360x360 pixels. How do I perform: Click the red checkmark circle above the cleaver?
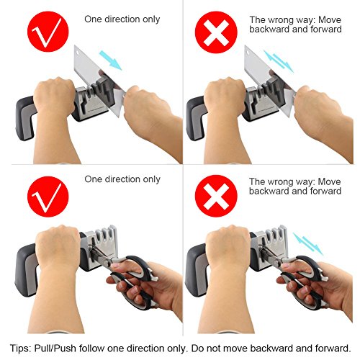pyautogui.click(x=48, y=32)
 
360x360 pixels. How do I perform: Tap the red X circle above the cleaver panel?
pyautogui.click(x=216, y=32)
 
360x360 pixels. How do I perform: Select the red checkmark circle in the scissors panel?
pyautogui.click(x=48, y=197)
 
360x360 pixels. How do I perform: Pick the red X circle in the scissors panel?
pyautogui.click(x=216, y=196)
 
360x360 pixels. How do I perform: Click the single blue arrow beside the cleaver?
pyautogui.click(x=111, y=60)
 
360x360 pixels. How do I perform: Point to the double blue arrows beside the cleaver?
pyautogui.click(x=279, y=61)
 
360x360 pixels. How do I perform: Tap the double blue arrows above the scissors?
pyautogui.click(x=308, y=244)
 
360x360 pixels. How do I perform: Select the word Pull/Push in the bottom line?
pyautogui.click(x=55, y=348)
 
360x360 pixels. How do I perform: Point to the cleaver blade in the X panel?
pyautogui.click(x=269, y=79)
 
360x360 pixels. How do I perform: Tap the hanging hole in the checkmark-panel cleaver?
pyautogui.click(x=78, y=51)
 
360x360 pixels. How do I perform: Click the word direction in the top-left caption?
pyautogui.click(x=122, y=19)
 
